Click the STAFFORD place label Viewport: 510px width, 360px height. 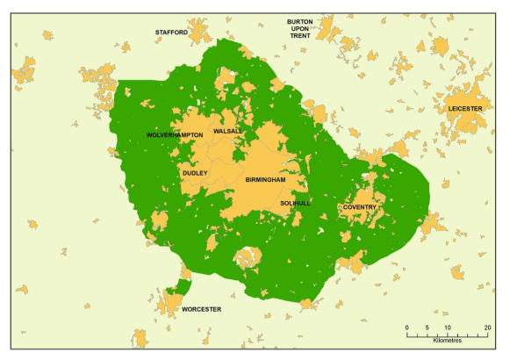tap(171, 32)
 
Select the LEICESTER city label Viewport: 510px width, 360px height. tap(465, 108)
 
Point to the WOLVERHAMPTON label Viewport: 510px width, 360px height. tap(175, 134)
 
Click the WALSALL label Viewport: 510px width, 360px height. tap(227, 131)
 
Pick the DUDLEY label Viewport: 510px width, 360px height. tap(195, 173)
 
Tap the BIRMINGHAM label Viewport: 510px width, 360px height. tap(266, 179)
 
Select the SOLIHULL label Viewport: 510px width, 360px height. tap(295, 203)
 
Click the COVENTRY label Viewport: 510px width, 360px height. tap(360, 207)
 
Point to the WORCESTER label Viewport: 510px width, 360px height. tap(201, 309)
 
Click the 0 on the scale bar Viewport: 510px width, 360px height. tap(406, 328)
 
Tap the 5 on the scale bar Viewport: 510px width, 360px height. tap(427, 328)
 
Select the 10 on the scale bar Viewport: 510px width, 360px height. tap(448, 328)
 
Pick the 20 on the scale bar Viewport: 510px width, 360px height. tap(487, 328)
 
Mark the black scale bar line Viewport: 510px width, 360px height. tap(447, 334)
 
